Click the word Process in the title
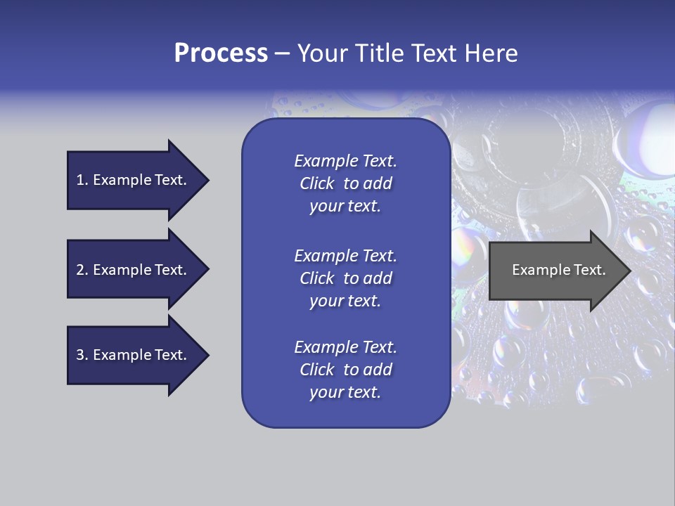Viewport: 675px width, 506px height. tap(221, 53)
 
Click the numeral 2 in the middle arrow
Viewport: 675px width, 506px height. tap(80, 270)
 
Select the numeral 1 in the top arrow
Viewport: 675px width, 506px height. tap(80, 180)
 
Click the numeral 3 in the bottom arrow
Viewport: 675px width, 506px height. tap(80, 355)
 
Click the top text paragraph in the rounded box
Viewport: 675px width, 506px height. tap(345, 183)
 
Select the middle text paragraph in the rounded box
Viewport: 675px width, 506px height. tap(345, 278)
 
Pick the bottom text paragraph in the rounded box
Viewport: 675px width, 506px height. tap(345, 370)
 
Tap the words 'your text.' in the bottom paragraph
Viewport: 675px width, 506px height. tap(345, 392)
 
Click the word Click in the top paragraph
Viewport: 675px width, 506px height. tap(316, 183)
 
